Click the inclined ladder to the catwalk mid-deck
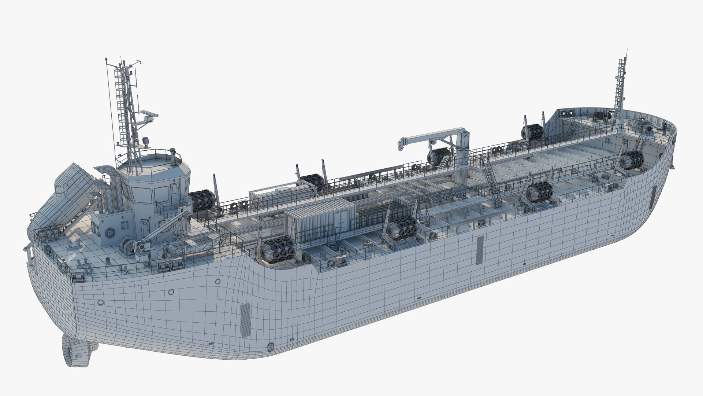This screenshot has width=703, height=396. coord(491,183)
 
